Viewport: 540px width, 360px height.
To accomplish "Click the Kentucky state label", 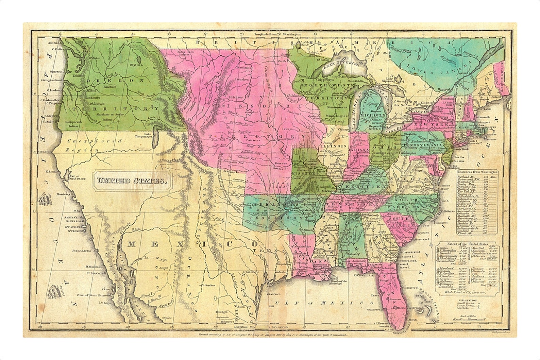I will pyautogui.click(x=366, y=187).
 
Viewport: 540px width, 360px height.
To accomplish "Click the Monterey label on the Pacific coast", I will pyautogui.click(x=66, y=194).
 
